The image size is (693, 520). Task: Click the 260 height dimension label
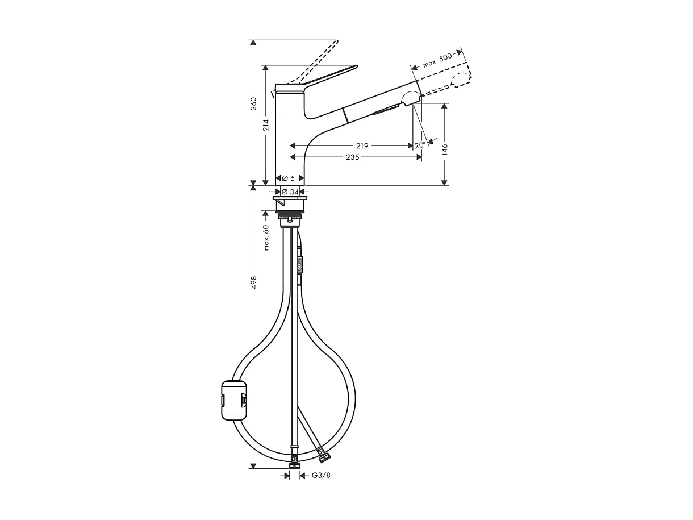[254, 104]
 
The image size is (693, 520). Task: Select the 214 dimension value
[266, 126]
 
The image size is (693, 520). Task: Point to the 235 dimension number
[352, 157]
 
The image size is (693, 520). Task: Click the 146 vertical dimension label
[445, 149]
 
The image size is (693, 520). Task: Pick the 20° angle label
[420, 145]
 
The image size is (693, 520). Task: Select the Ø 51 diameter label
[290, 178]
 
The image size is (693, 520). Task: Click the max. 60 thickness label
[266, 237]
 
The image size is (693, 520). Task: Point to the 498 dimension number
[254, 282]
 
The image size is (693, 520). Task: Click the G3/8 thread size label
[321, 475]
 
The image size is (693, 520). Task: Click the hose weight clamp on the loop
[233, 400]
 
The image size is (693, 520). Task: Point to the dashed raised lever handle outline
[315, 63]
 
